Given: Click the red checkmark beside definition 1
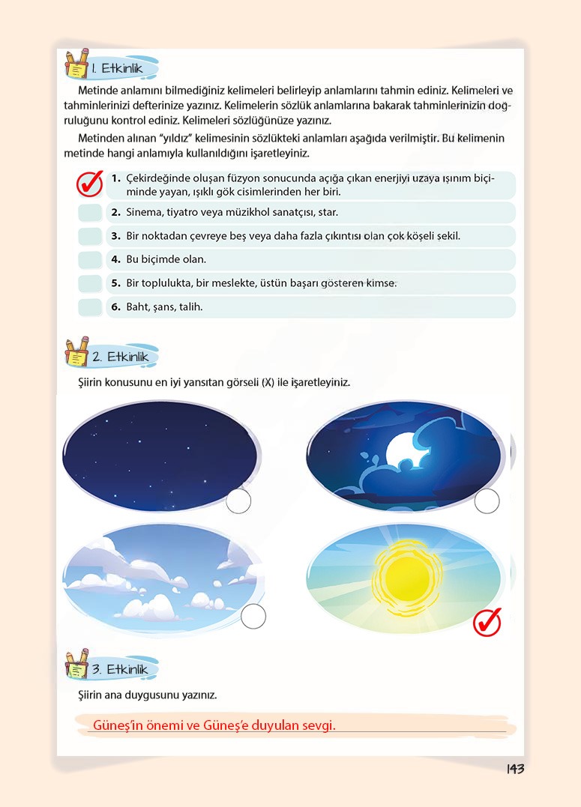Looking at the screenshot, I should (90, 184).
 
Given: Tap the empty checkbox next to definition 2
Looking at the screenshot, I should (90, 213).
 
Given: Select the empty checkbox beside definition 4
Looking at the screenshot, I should (90, 260).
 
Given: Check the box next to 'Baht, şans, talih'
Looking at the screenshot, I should (90, 307).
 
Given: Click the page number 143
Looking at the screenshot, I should (515, 769).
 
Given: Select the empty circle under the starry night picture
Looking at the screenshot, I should (238, 501).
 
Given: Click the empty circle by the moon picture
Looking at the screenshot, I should (487, 501).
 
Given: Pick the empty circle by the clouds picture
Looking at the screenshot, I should (254, 616).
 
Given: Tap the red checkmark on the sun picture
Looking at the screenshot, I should (487, 622).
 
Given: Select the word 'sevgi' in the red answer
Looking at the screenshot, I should (318, 725).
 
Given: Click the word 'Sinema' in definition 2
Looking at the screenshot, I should (145, 213).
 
